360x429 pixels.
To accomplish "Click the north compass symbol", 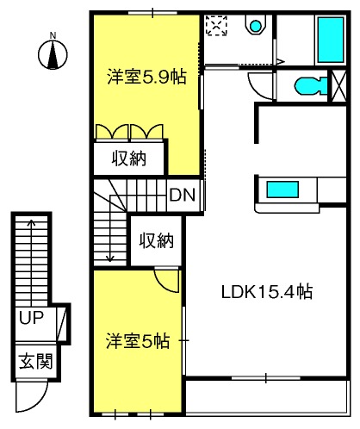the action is pos(53,53).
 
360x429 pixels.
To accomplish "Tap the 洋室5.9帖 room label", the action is pos(146,77).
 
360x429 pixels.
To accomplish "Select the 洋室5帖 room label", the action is pos(138,341).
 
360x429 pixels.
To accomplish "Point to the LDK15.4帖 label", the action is pos(267,292).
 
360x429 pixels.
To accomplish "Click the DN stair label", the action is pos(183,195).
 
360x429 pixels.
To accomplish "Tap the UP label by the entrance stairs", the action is pos(31,317).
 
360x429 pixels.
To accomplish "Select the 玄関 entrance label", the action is pos(36,361).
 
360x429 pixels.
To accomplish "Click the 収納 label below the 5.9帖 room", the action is pos(129,159).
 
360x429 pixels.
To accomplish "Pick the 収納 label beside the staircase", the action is pos(157,240).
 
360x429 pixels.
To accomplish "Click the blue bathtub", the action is pos(331,40).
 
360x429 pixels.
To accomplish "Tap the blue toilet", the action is pos(311,85).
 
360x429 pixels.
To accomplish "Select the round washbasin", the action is pos(256,26).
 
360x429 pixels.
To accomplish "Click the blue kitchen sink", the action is pos(282,190).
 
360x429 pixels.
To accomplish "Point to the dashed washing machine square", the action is pos(217,26).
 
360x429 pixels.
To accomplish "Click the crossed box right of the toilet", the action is pos(339,85).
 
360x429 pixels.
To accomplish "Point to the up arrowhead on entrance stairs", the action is pos(32,223).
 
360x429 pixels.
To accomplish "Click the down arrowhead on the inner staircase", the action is pos(110,258).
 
